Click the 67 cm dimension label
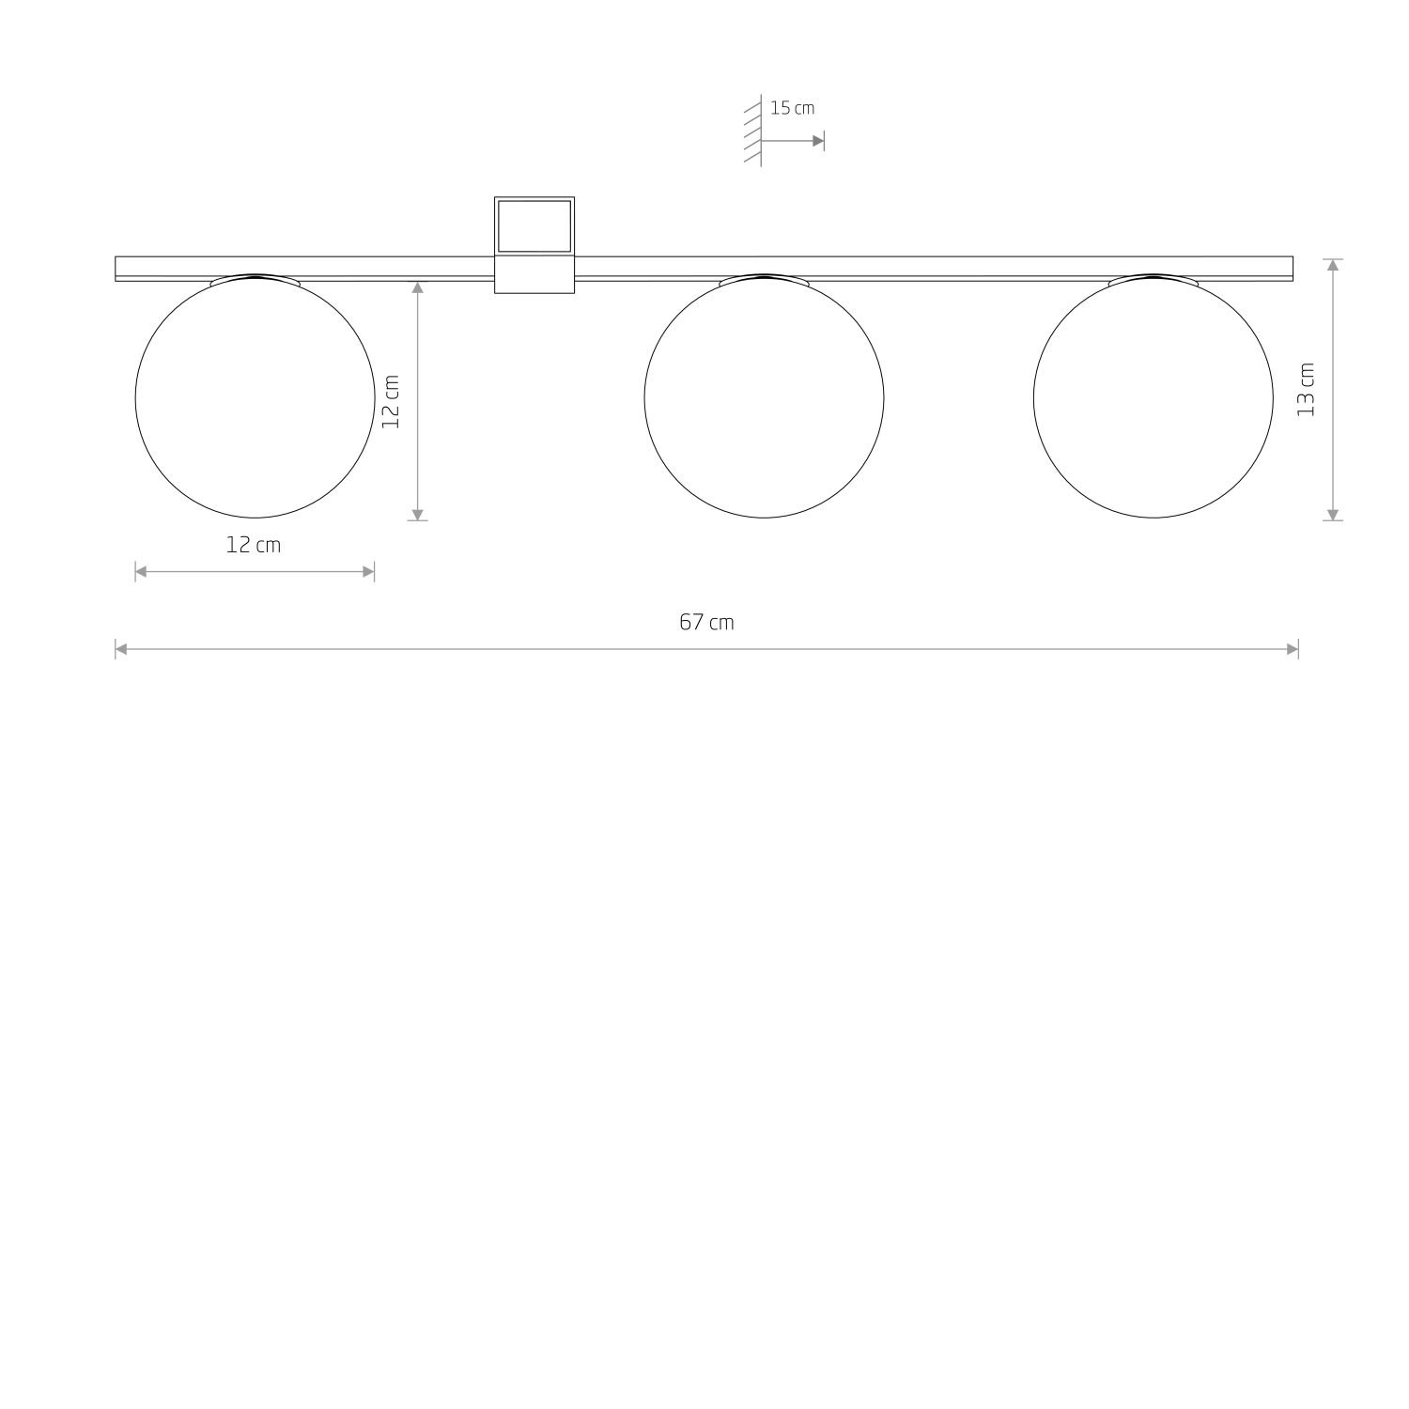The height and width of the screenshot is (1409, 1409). coord(706,622)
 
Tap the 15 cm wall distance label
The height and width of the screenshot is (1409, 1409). coord(792,108)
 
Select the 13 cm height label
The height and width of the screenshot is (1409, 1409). coord(1306,389)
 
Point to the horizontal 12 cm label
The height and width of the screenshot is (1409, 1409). coord(254,545)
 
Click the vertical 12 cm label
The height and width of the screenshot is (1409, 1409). coord(391,401)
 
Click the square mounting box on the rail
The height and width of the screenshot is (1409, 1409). coord(534,245)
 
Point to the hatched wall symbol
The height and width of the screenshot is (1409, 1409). coord(753,130)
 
